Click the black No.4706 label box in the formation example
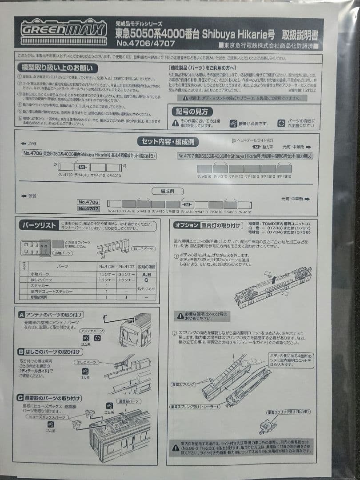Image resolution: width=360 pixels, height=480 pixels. point(88,202)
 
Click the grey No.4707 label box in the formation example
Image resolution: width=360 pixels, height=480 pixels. point(88,208)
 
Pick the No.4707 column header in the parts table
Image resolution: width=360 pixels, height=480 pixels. point(127,266)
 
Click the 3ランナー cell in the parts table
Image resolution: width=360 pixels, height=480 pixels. point(127,274)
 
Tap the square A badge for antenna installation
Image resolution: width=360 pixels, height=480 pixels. point(21,315)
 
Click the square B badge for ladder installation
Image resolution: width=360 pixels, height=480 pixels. point(21,352)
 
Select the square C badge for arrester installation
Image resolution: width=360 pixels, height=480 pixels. point(21,398)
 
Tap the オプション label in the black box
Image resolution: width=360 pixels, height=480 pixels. point(186,225)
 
